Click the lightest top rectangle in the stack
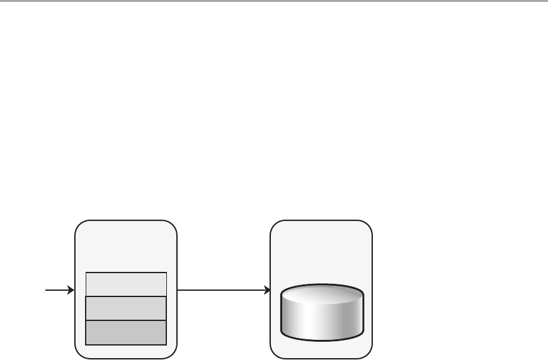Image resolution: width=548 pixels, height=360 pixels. (x=126, y=284)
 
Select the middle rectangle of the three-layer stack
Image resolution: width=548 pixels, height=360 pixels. (x=126, y=308)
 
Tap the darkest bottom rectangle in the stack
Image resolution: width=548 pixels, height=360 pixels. (x=126, y=332)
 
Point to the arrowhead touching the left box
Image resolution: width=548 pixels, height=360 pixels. (x=71, y=291)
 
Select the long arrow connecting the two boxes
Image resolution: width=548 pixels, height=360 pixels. (x=220, y=291)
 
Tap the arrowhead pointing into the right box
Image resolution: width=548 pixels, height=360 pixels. (x=266, y=291)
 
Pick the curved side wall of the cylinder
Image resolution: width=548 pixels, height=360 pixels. (x=321, y=321)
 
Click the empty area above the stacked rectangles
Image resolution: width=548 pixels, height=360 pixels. (x=126, y=249)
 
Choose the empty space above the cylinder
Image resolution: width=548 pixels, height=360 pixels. (x=321, y=252)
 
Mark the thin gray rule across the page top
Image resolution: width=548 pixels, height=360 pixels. (x=274, y=1)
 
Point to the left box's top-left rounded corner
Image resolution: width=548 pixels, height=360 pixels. (x=78, y=224)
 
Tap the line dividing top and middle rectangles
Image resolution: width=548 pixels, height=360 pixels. (x=126, y=296)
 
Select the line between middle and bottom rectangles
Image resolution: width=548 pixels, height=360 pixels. (x=126, y=320)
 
